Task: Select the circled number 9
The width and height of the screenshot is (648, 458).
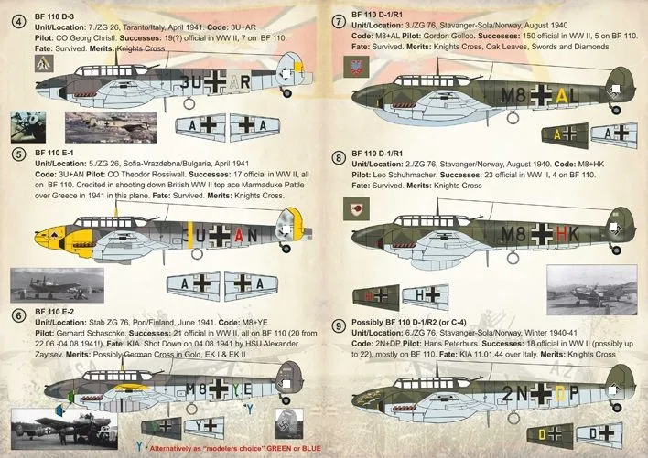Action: point(340,325)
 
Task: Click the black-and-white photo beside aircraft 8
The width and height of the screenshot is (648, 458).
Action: point(591,291)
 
